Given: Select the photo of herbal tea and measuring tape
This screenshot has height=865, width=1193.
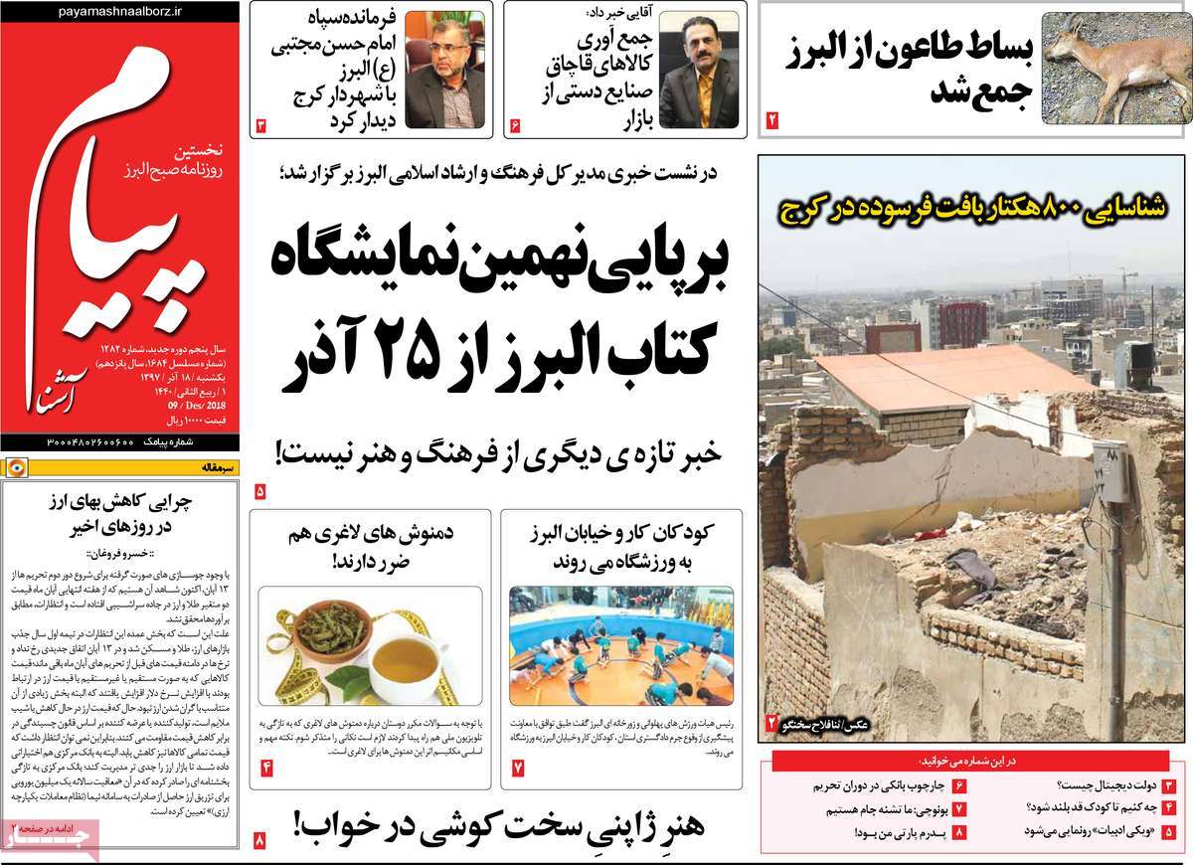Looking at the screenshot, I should (x=370, y=646).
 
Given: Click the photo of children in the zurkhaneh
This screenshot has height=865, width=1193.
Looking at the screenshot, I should (x=621, y=646).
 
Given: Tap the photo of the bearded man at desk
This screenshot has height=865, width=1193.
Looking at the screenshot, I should (x=444, y=70).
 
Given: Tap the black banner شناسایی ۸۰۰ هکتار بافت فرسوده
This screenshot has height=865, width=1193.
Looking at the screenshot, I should (x=969, y=208).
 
